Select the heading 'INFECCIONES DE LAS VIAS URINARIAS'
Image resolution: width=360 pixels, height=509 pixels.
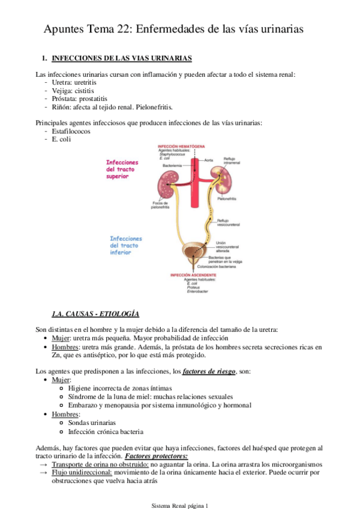coord(122,58)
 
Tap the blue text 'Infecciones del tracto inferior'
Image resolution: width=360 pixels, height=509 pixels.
coord(126,245)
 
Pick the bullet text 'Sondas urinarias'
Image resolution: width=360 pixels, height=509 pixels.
coord(92,423)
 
